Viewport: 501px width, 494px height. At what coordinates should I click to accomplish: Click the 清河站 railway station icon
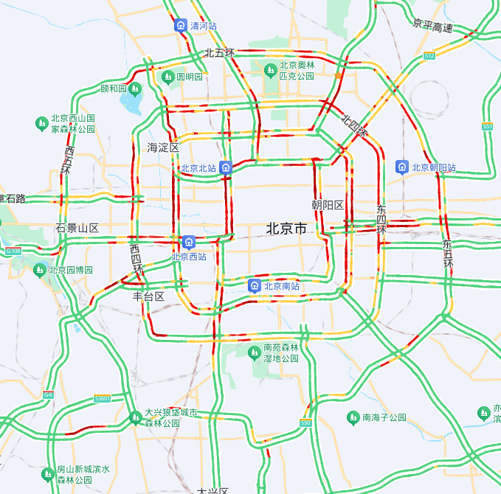click(x=181, y=26)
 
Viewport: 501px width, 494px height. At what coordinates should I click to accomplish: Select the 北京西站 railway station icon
click(x=190, y=241)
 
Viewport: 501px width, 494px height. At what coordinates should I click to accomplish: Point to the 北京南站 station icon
click(x=254, y=286)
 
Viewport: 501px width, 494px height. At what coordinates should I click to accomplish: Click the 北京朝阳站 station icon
click(x=402, y=167)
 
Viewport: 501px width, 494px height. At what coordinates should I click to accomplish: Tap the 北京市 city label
click(x=286, y=229)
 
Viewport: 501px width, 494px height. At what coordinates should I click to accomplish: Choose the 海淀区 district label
click(x=163, y=147)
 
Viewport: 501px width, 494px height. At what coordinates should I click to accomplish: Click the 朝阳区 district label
click(x=328, y=204)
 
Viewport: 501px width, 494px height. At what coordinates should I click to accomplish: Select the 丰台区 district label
click(x=148, y=296)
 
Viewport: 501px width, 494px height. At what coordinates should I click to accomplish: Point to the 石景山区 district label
click(x=77, y=228)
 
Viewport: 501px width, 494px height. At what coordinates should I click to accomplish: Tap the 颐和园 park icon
click(x=135, y=89)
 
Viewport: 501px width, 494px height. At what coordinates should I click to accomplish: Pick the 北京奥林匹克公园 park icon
click(x=271, y=70)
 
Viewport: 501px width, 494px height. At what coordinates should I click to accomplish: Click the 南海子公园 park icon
click(x=353, y=417)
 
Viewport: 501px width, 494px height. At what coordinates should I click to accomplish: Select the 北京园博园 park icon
click(x=40, y=270)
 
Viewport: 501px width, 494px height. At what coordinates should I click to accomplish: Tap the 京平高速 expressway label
click(x=433, y=27)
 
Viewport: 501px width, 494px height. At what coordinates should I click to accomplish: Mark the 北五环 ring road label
click(x=219, y=52)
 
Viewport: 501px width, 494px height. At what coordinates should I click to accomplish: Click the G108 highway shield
click(x=13, y=251)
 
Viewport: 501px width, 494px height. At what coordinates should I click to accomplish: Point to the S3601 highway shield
click(x=102, y=399)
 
